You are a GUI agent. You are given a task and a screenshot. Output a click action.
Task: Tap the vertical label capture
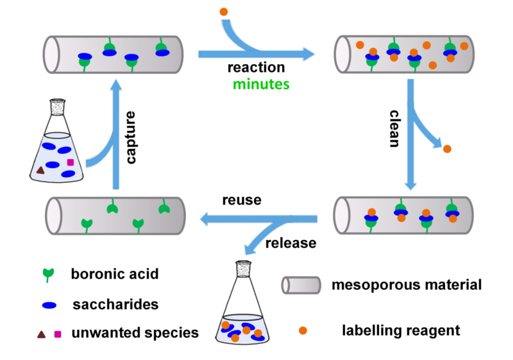[x=131, y=139]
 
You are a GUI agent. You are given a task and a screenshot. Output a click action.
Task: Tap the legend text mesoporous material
[x=407, y=284]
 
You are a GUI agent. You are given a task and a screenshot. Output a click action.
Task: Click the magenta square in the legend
[x=58, y=333]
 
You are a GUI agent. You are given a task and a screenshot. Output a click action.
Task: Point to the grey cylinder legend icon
[x=301, y=284]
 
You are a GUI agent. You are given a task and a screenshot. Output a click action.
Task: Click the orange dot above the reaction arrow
[x=224, y=12]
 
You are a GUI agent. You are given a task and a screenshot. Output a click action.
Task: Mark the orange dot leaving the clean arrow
[x=447, y=149]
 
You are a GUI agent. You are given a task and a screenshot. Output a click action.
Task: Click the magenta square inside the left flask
[x=71, y=162]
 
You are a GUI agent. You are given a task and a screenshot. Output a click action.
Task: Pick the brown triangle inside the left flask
[x=40, y=170]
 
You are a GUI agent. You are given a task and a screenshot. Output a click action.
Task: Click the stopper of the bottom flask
[x=243, y=270]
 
